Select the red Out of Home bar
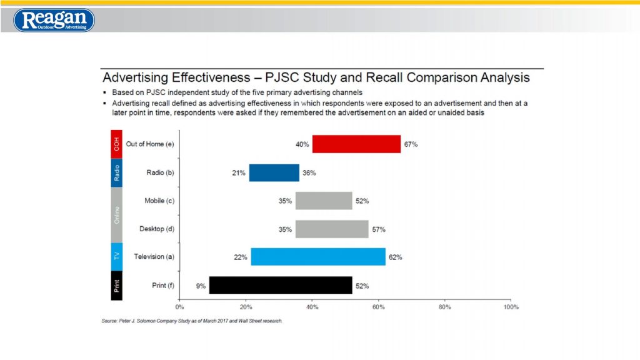pyautogui.click(x=356, y=144)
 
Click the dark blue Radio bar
pyautogui.click(x=274, y=172)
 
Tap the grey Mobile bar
pyautogui.click(x=324, y=201)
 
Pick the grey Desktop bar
pyautogui.click(x=332, y=229)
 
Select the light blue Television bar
pyautogui.click(x=318, y=257)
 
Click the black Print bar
pyautogui.click(x=281, y=286)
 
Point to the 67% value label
pyautogui.click(x=411, y=144)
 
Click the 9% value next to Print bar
pyautogui.click(x=200, y=286)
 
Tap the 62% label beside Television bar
pyautogui.click(x=395, y=257)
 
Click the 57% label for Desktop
pyautogui.click(x=378, y=229)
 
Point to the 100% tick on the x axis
pyautogui.click(x=511, y=307)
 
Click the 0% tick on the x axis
pyautogui.click(x=179, y=307)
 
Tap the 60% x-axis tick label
pyautogui.click(x=378, y=307)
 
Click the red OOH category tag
pyautogui.click(x=116, y=144)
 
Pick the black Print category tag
pyautogui.click(x=116, y=286)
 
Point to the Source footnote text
pyautogui.click(x=192, y=321)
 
